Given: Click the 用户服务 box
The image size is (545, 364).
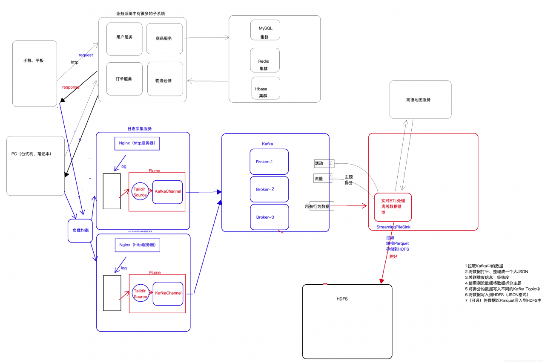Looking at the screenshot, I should click(x=124, y=39).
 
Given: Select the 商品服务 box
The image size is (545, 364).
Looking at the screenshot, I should click(x=164, y=39).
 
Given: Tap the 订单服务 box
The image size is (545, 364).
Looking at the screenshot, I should click(x=124, y=79).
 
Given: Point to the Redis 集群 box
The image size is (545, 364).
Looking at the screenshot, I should click(x=265, y=60).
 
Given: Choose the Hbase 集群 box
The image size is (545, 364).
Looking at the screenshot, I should click(x=266, y=88).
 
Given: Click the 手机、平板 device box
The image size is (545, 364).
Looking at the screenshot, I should click(x=34, y=73).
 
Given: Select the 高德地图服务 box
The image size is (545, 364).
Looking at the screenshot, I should click(x=420, y=100).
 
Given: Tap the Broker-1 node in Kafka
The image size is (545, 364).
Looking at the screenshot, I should click(x=269, y=162).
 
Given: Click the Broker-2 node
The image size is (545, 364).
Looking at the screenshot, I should click(x=269, y=189).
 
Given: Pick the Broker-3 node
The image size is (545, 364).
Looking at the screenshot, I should click(x=269, y=217).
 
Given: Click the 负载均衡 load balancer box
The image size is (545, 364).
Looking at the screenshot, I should click(x=80, y=231).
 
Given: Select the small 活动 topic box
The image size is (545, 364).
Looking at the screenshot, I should click(x=324, y=164).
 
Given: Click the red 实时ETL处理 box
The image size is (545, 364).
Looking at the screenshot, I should click(x=393, y=206).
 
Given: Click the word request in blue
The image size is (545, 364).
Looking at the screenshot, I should click(x=86, y=55).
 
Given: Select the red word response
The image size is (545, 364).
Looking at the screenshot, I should click(x=71, y=87).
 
